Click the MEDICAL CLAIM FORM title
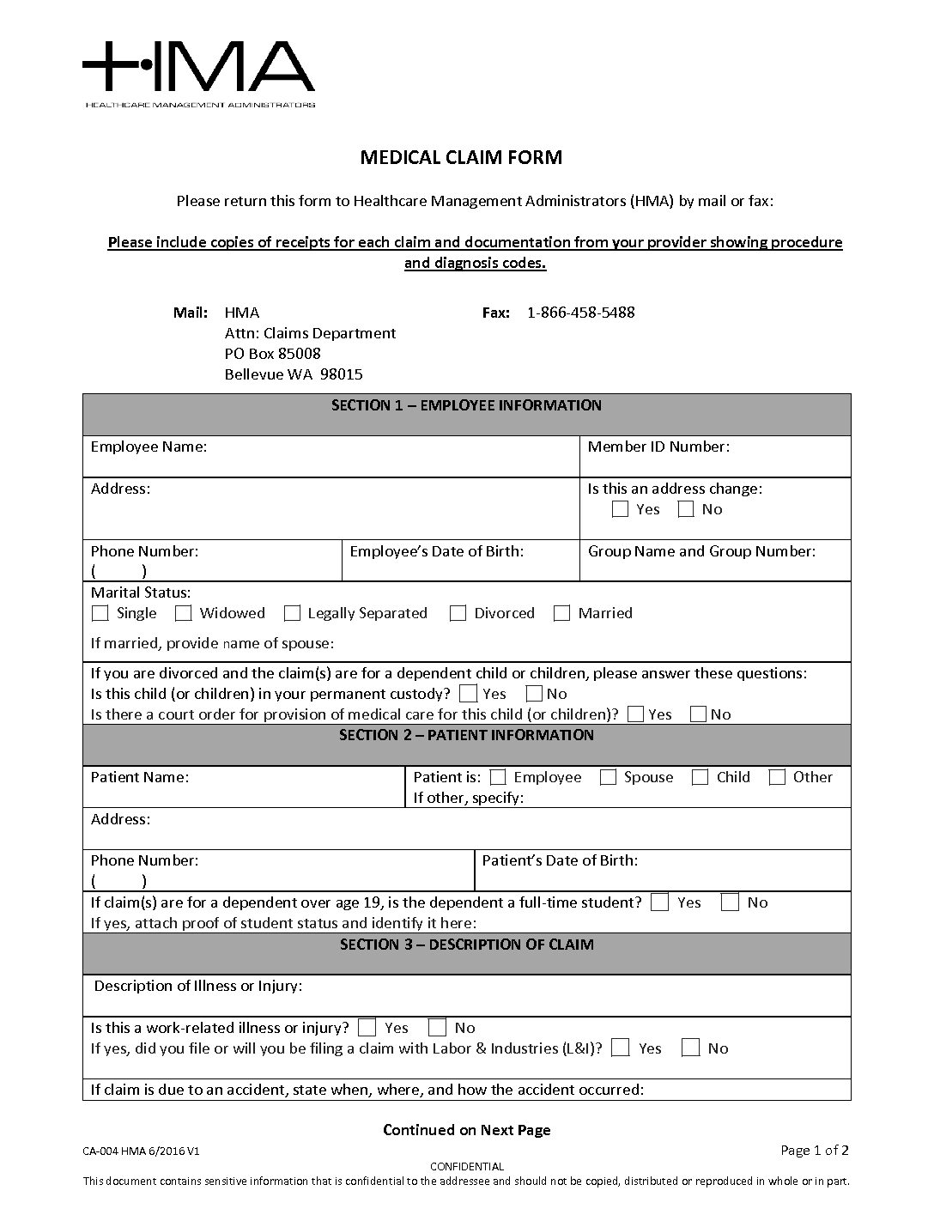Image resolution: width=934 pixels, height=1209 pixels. (x=461, y=157)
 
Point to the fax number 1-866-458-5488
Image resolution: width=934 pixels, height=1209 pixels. (x=580, y=313)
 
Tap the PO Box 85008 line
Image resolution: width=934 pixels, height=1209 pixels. (x=272, y=354)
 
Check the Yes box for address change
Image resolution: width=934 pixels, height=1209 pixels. (x=620, y=509)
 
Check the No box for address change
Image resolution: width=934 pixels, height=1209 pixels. (x=686, y=509)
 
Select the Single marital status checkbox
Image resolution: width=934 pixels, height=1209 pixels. (x=100, y=613)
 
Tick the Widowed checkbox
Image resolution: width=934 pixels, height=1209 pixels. (x=183, y=613)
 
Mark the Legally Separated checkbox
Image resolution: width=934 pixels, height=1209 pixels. (x=292, y=613)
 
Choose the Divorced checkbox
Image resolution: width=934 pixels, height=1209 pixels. (x=458, y=613)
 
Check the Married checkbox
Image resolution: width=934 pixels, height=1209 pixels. (x=561, y=613)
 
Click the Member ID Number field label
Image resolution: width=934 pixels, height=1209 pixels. (x=658, y=447)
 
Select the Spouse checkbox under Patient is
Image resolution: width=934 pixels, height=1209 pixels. (x=608, y=777)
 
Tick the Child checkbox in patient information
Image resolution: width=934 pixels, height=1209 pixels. (x=700, y=777)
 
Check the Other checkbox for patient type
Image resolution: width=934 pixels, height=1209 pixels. (x=777, y=777)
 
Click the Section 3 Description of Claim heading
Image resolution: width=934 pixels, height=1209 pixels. (x=466, y=945)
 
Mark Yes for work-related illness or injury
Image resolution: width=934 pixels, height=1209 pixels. (x=367, y=1027)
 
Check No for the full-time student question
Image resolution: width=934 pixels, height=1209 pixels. (x=730, y=902)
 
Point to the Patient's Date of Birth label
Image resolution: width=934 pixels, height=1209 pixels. (x=560, y=860)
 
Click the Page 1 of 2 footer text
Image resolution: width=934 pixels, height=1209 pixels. (x=815, y=1151)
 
